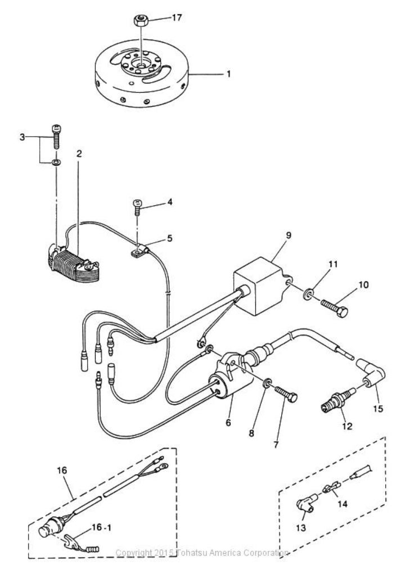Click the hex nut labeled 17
coord(139,21)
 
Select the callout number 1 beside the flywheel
coord(228,73)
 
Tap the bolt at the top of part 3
coord(56,135)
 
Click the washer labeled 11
coord(309,293)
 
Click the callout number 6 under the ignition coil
coord(228,422)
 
